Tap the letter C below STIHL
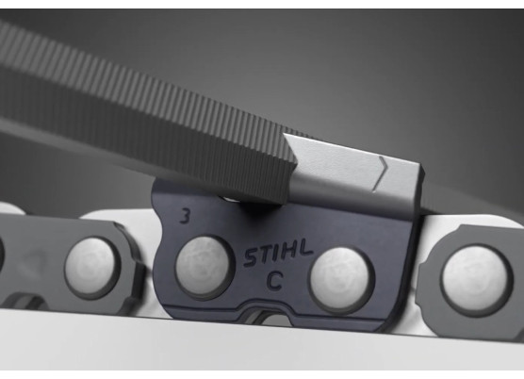pos(275,280)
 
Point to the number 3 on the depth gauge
pos(185,216)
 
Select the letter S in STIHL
pos(251,259)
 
